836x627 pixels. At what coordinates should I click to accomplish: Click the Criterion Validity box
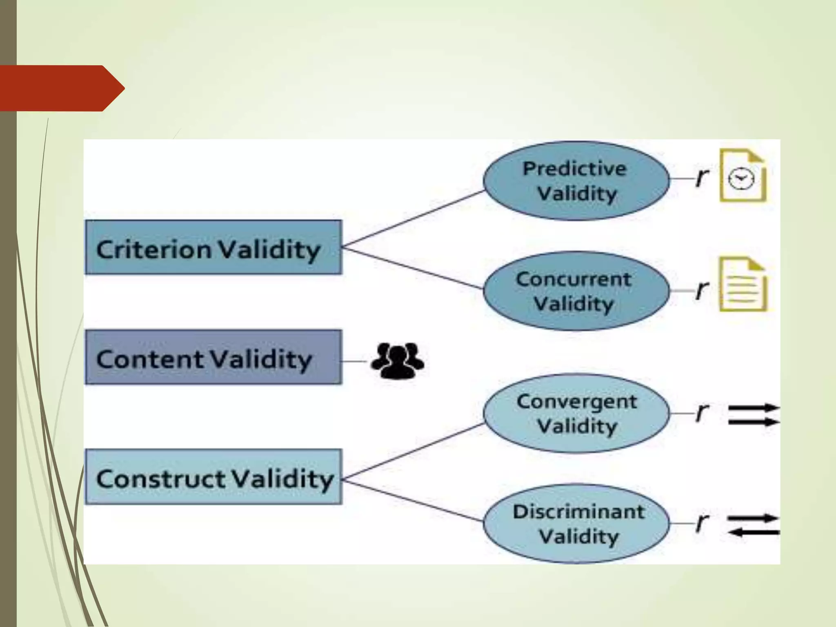pos(213,247)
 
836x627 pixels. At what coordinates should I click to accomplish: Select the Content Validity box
pos(213,357)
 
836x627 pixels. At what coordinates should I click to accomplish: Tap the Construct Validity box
pos(213,477)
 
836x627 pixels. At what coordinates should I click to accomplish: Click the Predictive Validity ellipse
pos(576,181)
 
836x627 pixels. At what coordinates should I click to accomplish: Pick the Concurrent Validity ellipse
pos(576,291)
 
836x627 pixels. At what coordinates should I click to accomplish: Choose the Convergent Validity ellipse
pos(576,413)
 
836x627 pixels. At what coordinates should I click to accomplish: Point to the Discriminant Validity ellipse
pos(576,524)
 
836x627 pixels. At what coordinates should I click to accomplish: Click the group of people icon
pos(397,361)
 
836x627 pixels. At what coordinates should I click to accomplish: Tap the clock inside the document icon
pos(741,179)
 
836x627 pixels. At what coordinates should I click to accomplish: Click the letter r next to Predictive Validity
pos(702,178)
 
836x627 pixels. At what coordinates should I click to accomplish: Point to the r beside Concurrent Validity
pos(702,290)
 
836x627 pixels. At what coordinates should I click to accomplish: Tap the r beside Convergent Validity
pos(702,413)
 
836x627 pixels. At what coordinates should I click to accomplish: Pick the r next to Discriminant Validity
pos(702,523)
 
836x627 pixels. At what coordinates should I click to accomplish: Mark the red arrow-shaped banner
pos(61,88)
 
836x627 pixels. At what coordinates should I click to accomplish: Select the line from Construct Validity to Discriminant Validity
pos(412,501)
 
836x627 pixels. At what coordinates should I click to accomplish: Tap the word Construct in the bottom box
pos(160,478)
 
